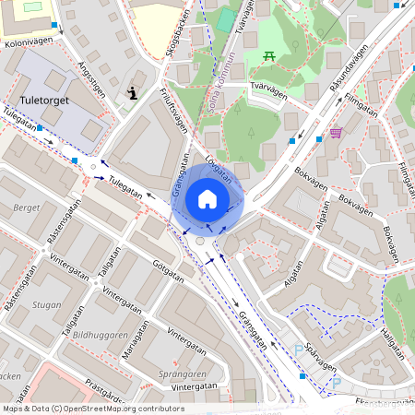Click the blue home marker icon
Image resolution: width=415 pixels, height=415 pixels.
[207, 199]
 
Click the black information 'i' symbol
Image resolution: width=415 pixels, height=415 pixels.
[133, 92]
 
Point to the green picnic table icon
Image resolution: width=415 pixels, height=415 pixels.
[270, 57]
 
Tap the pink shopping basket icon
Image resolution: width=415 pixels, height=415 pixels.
[336, 132]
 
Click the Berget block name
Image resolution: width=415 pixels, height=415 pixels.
[27, 208]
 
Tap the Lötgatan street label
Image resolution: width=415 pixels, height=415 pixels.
[219, 171]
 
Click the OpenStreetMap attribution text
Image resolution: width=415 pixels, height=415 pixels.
[93, 408]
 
